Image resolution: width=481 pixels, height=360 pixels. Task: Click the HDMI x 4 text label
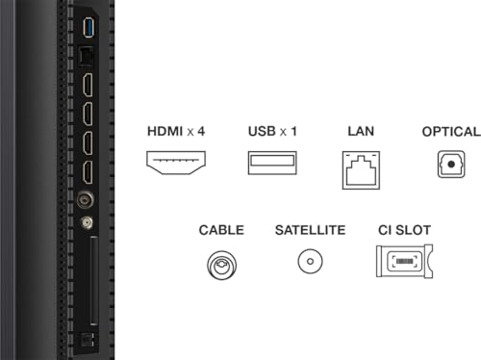175,130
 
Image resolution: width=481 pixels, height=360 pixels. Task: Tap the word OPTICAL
449,130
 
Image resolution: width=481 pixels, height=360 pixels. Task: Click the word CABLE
221,230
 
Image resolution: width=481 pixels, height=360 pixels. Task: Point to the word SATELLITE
310,230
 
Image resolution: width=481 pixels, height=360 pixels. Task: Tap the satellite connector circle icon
310,262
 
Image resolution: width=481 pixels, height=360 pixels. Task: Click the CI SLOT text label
403,230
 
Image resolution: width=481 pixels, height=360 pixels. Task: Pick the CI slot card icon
403,262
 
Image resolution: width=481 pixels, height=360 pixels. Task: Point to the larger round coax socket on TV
88,203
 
